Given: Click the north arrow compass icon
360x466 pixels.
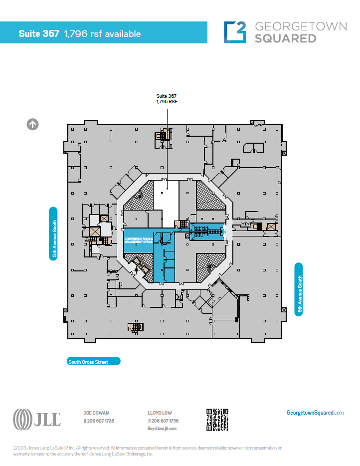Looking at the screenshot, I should [x=33, y=124].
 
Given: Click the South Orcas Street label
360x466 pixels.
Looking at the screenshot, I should [x=94, y=362].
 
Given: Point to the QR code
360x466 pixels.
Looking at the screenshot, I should [x=217, y=420].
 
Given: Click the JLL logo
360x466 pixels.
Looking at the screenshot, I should [x=37, y=419].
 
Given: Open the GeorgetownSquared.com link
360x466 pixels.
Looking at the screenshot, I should [x=315, y=413].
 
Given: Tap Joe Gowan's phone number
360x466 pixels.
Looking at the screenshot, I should [x=100, y=421].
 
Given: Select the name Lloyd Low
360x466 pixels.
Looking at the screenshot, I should [x=160, y=413].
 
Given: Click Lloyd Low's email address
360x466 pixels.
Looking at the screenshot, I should [x=163, y=428].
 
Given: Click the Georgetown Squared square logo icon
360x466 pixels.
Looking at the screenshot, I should [x=235, y=31].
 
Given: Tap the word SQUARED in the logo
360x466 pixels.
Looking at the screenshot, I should [x=285, y=38].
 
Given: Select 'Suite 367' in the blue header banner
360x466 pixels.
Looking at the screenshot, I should [x=39, y=34].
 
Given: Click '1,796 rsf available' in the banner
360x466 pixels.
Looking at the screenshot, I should [x=102, y=34].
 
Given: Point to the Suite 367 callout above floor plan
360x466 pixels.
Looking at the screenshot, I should [x=167, y=98].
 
